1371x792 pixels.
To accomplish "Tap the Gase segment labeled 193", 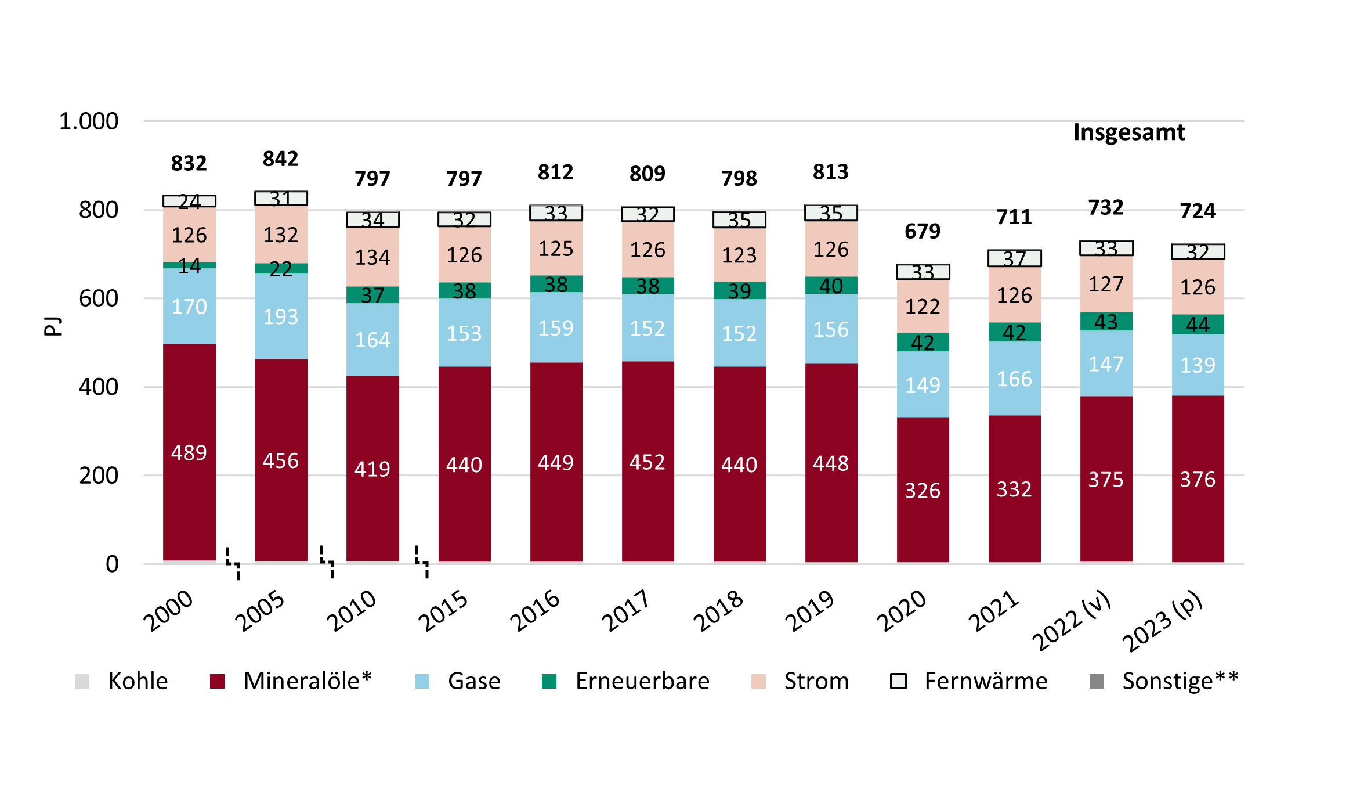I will pyautogui.click(x=281, y=316).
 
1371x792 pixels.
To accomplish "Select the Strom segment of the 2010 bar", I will pyautogui.click(x=372, y=257).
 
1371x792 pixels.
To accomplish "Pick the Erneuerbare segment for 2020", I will pyautogui.click(x=923, y=342).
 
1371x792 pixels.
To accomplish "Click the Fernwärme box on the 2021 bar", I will pyautogui.click(x=1014, y=258).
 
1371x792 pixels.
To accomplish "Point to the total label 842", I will pyautogui.click(x=281, y=159).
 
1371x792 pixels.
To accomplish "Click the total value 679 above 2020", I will pyautogui.click(x=923, y=231).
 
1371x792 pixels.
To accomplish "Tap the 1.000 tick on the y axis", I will pyautogui.click(x=89, y=121).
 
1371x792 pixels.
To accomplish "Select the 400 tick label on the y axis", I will pyautogui.click(x=99, y=387).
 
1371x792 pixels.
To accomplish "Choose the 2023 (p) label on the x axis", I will pyautogui.click(x=1162, y=621).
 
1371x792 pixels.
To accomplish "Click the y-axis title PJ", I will pyautogui.click(x=52, y=326).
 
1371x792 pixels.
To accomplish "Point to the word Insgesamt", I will pyautogui.click(x=1129, y=132).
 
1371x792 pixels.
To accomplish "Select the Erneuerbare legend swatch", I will pyautogui.click(x=549, y=681).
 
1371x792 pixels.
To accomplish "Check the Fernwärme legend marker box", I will pyautogui.click(x=898, y=681).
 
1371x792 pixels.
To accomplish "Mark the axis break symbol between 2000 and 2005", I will pyautogui.click(x=233, y=563).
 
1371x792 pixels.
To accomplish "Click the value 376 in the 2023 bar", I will pyautogui.click(x=1198, y=479).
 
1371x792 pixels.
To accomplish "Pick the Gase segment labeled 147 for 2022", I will pyautogui.click(x=1106, y=364).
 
